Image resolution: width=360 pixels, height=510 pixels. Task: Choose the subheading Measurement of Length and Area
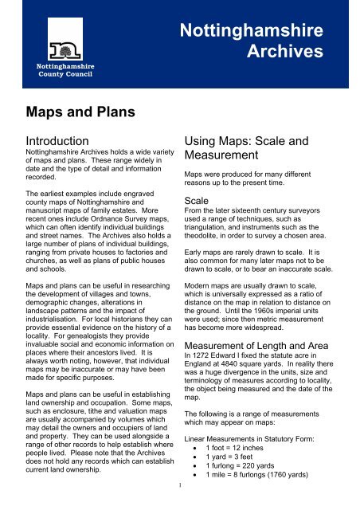(262, 344)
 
